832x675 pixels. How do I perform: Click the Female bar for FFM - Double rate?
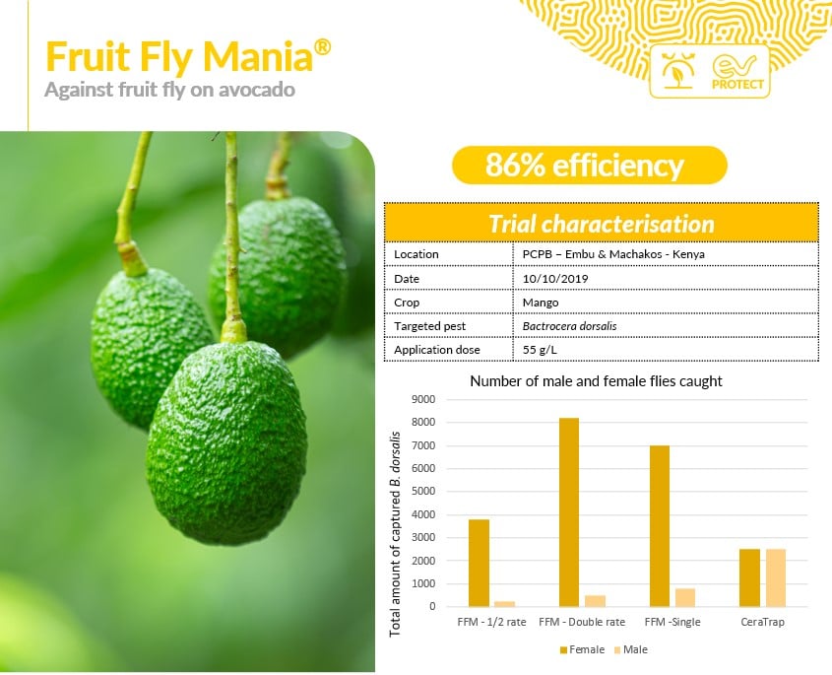coord(569,512)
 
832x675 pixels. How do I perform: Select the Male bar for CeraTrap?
coord(775,577)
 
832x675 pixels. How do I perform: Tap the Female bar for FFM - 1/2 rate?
coord(479,563)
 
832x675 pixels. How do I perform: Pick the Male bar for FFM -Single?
coord(685,597)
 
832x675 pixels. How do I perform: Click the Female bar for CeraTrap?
coord(749,577)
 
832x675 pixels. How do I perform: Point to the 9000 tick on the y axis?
coord(423,399)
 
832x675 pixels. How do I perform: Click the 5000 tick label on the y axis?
coord(423,492)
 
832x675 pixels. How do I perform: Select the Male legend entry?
coord(630,649)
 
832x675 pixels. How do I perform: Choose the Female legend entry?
coord(582,649)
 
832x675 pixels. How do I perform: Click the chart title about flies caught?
coord(596,380)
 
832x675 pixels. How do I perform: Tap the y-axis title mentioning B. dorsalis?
coord(395,534)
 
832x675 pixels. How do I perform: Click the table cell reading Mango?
coord(541,303)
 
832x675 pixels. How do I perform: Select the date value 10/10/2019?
coord(555,278)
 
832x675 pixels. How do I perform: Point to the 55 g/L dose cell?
coord(540,350)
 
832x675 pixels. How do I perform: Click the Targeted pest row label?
coord(429,326)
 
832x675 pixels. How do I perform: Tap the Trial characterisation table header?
coord(602,223)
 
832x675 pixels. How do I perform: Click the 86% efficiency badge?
coord(589,166)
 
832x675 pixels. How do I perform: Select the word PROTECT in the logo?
coord(737,84)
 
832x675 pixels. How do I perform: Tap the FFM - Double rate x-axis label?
coord(582,622)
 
